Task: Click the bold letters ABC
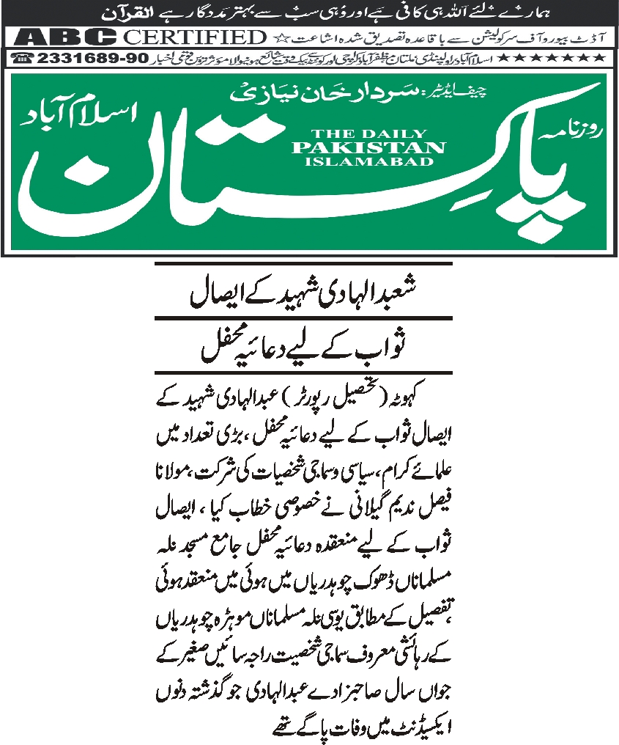pyautogui.click(x=65, y=37)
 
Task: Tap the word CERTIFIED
pyautogui.click(x=194, y=37)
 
